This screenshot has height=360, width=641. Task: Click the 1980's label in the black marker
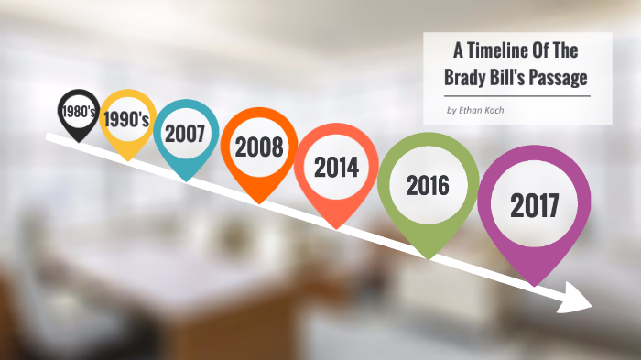[77, 111]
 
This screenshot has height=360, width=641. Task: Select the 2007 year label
[185, 134]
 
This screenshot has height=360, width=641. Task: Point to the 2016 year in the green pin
[428, 186]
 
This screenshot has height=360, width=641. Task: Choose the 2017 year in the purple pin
[535, 206]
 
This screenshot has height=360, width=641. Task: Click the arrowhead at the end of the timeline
[581, 297]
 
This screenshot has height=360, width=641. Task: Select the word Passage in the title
[557, 78]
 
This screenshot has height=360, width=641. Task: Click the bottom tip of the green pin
[429, 256]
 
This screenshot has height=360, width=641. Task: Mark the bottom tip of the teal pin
[186, 180]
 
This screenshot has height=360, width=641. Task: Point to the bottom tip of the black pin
[77, 141]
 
